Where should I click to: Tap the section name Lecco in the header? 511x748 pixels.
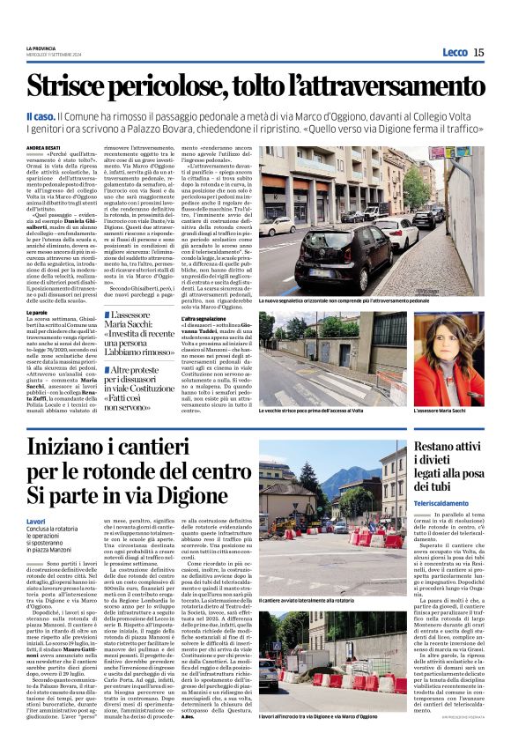tap(455, 52)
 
